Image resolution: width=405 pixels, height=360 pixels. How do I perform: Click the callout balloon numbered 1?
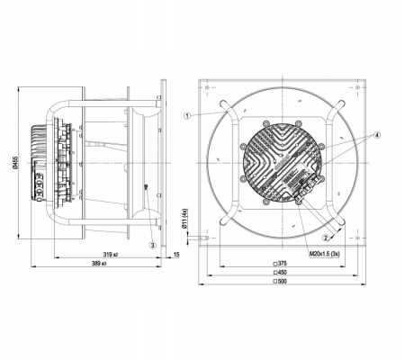pos(187,116)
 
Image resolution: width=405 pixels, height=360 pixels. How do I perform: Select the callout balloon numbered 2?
pos(326,238)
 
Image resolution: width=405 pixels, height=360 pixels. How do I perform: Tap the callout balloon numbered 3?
pos(153,245)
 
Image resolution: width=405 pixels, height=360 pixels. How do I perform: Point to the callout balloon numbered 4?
pos(377,135)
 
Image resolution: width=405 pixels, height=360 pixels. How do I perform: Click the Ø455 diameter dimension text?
pos(15,162)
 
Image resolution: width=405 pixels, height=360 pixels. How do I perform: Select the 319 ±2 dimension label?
pos(111,255)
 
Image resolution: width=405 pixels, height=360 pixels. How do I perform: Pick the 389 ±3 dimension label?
pos(99,264)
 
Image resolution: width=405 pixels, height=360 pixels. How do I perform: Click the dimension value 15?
pos(176,255)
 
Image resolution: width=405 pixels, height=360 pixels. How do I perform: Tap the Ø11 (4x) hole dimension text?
pos(184,219)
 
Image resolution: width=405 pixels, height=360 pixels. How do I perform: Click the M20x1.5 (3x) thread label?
pos(325,254)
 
